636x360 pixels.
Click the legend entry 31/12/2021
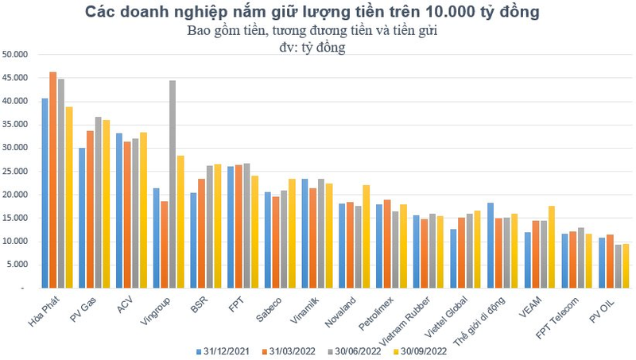[223, 350]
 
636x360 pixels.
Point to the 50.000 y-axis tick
[15, 55]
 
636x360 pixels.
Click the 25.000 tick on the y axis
[15, 171]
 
